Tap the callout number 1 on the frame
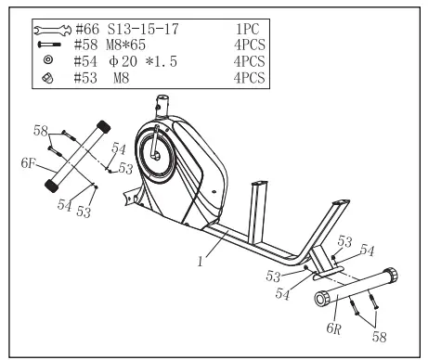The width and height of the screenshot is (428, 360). pos(200,263)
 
